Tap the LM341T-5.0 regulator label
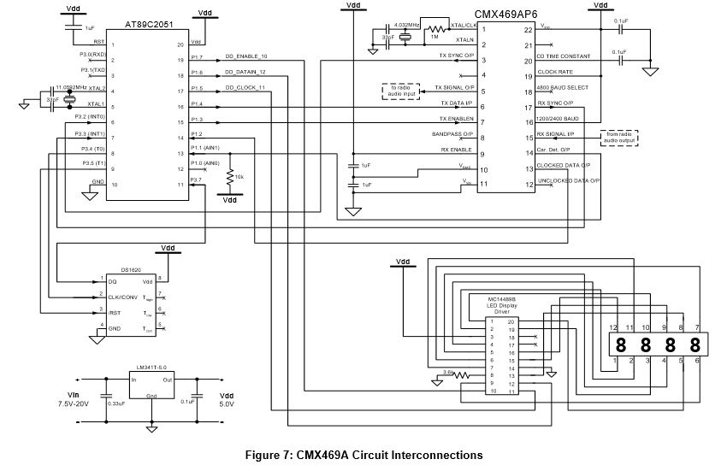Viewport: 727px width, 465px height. [x=150, y=368]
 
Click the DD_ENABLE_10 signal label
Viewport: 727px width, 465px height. [x=246, y=56]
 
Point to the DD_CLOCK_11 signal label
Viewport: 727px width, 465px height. [x=245, y=87]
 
